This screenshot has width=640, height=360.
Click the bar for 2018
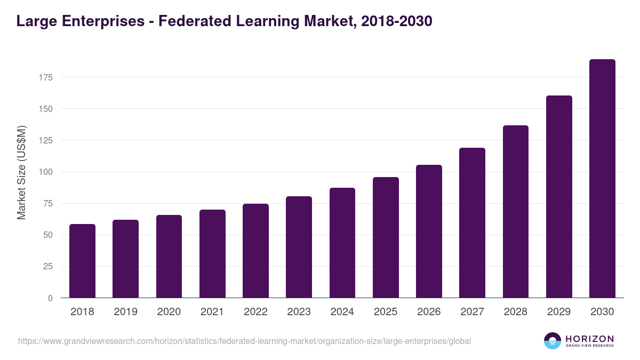click(x=82, y=261)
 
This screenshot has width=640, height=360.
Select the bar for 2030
click(x=602, y=179)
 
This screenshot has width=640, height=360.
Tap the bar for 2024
click(x=342, y=243)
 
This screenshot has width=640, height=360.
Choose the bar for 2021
click(x=212, y=254)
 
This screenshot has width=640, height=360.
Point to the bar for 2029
click(x=559, y=197)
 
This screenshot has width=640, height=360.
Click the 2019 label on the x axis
click(x=125, y=312)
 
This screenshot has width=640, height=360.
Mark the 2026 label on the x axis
click(x=429, y=312)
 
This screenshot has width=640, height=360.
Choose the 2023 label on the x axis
click(x=299, y=312)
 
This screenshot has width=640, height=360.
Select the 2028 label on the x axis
click(x=516, y=312)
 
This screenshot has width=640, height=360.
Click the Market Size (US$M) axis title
click(x=21, y=172)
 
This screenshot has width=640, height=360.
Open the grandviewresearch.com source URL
click(x=244, y=341)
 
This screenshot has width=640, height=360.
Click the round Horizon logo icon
click(x=553, y=341)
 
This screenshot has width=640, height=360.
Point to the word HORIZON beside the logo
click(x=589, y=339)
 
